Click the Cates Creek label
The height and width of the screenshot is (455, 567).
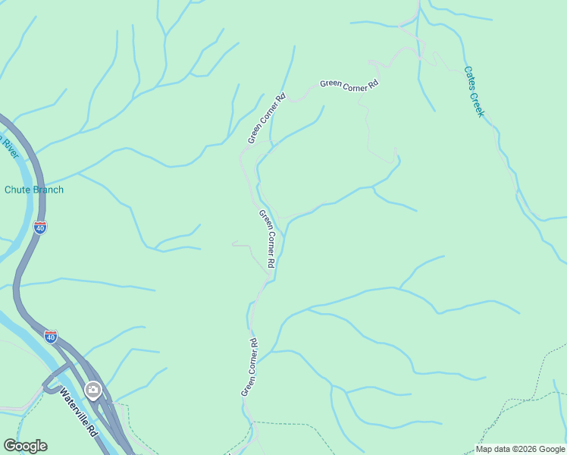[x=474, y=91]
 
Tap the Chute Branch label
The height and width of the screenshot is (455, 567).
[x=34, y=190]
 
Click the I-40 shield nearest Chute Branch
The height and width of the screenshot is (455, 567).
[x=40, y=227]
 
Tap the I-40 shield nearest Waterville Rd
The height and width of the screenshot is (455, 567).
[x=51, y=337]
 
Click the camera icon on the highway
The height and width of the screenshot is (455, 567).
[x=93, y=391]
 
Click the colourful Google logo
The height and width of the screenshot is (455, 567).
[x=25, y=446]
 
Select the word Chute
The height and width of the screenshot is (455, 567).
[x=17, y=190]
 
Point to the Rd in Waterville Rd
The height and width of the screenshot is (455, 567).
[x=92, y=429]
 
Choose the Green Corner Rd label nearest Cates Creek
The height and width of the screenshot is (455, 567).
[x=349, y=85]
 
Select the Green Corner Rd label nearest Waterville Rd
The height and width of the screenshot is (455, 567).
[x=249, y=367]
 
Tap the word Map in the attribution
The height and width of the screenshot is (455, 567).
[x=484, y=449]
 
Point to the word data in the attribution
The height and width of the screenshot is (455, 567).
[x=502, y=449]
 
